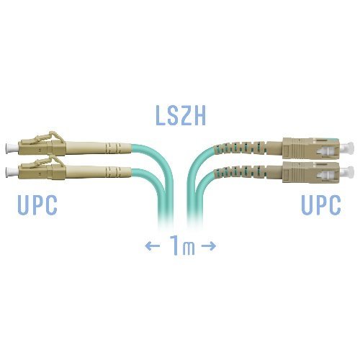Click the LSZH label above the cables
181,115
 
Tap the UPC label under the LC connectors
37,204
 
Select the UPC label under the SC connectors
321,204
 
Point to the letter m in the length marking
189,248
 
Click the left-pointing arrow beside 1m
153,246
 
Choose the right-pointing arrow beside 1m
209,246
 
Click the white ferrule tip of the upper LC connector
12,148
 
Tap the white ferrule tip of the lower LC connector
12,171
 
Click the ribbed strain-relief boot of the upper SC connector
240,148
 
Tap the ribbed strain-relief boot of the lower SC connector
240,171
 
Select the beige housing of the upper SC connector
311,148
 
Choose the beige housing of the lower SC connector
311,172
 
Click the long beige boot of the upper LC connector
99,148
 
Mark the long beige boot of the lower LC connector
99,172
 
